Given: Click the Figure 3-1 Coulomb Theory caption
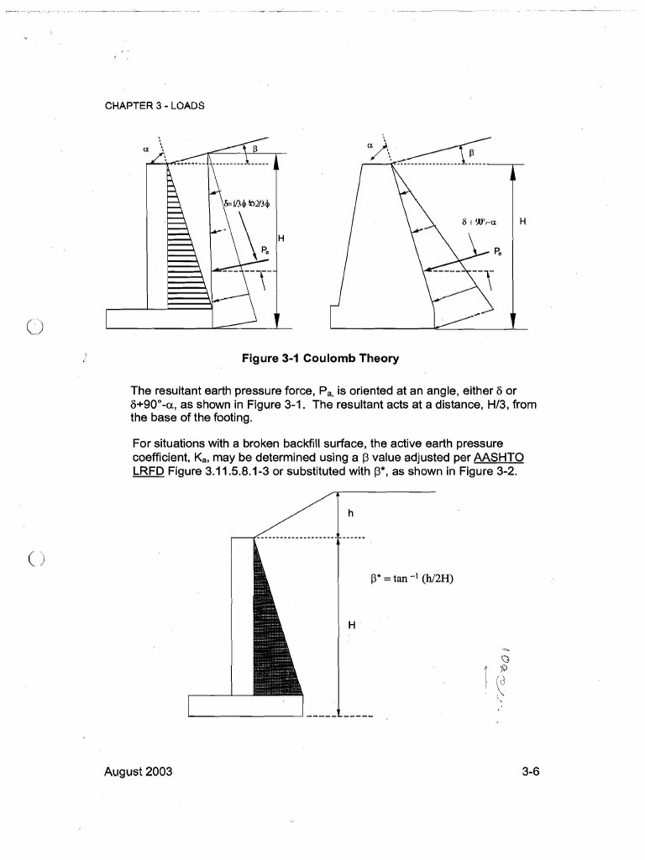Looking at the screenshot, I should tap(320, 359).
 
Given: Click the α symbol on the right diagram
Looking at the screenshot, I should tap(370, 144).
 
